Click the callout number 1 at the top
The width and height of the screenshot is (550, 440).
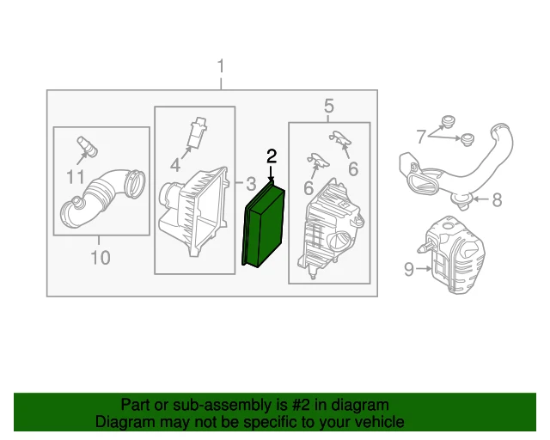tap(221, 66)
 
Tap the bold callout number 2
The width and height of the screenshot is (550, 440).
tap(272, 156)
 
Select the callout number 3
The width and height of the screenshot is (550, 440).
tap(250, 183)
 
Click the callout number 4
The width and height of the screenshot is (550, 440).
tap(175, 163)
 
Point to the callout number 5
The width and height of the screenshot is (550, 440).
tap(328, 106)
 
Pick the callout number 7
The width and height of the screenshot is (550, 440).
tap(421, 136)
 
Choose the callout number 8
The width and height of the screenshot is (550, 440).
tap(497, 201)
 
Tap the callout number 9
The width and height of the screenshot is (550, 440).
tap(409, 270)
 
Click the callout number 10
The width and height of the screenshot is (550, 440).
tap(101, 257)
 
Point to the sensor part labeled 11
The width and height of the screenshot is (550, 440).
tap(87, 145)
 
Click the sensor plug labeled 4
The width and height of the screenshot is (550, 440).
tap(199, 130)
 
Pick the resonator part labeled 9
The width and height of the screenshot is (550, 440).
tap(456, 256)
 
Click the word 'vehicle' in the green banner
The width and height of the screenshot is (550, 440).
tap(377, 422)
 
